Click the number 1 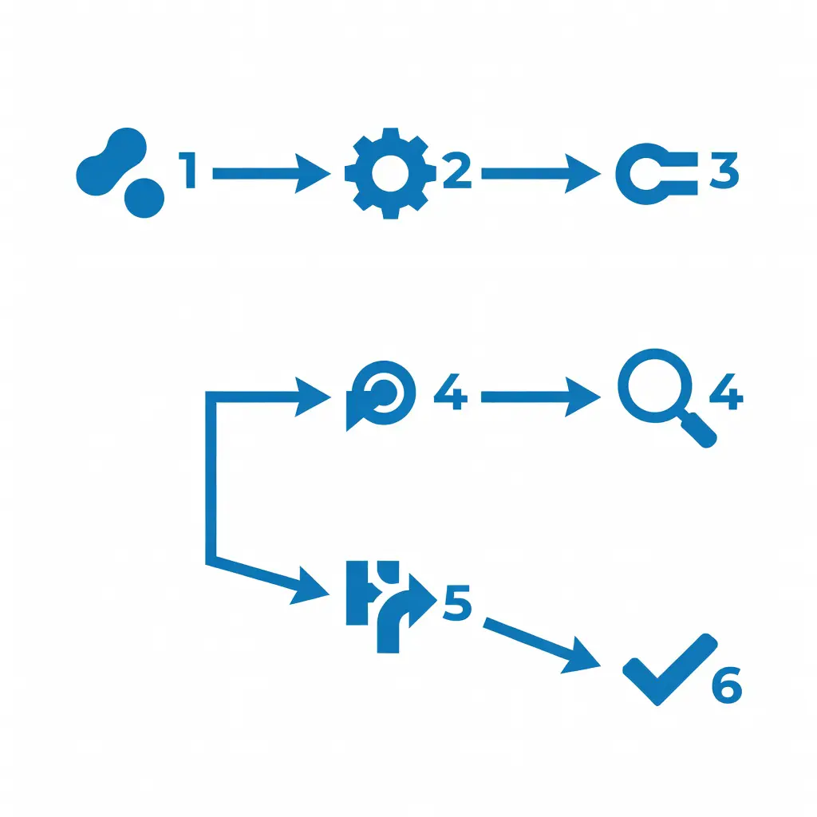coord(187,170)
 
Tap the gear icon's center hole coord(390,173)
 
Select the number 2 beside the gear coord(457,170)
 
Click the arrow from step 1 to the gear coord(271,173)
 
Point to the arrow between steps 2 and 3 coord(541,173)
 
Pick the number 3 coord(724,171)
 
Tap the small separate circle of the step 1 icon coord(144,198)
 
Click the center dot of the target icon coord(385,393)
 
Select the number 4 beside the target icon coord(451,391)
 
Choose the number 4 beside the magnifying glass coord(726,391)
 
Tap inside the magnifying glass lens coord(655,386)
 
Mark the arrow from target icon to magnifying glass coord(541,397)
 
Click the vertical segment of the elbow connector coord(211,477)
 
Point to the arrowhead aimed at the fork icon coord(311,587)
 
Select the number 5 coord(457,603)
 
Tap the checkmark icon coord(670,670)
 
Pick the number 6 coord(727,685)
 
